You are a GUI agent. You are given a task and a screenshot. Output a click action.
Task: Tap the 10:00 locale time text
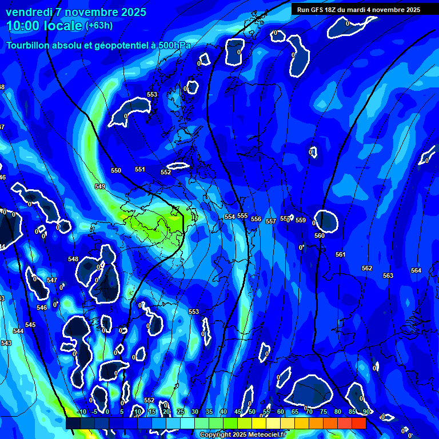click(x=44, y=25)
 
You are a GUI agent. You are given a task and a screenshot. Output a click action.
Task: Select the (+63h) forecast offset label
click(x=99, y=25)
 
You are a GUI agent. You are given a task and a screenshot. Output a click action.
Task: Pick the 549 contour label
click(x=100, y=187)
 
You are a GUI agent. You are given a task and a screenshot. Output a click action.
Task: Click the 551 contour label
click(x=140, y=170)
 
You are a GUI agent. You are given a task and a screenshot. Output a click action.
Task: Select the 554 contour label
click(x=230, y=217)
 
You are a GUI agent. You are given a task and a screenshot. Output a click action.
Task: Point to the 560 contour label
click(x=320, y=236)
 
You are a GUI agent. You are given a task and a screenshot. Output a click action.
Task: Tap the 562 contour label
click(x=367, y=269)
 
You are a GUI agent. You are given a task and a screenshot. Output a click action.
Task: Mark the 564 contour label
click(x=416, y=271)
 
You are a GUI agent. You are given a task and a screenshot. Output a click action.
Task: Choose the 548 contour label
click(x=73, y=260)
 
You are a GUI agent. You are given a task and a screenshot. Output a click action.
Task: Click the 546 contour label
click(x=42, y=308)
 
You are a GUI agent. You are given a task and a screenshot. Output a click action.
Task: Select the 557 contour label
click(x=271, y=221)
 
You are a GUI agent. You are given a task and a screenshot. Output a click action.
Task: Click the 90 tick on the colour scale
click(x=366, y=412)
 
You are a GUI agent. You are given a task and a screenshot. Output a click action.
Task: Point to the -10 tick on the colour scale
click(x=81, y=412)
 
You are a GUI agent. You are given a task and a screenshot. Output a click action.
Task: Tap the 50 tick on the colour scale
click(x=252, y=412)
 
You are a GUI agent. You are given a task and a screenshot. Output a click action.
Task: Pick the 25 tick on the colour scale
click(x=181, y=412)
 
